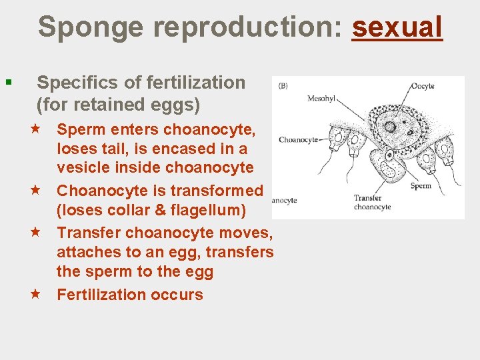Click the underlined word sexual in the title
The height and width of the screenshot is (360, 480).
(397, 27)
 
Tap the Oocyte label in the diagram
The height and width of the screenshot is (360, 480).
(423, 86)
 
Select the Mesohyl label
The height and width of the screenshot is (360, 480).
(321, 99)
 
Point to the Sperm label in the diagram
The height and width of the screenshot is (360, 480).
(421, 186)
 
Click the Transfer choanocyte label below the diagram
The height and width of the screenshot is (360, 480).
(373, 203)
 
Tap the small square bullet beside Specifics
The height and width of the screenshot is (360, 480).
(8, 83)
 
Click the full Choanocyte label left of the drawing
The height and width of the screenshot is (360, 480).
(298, 140)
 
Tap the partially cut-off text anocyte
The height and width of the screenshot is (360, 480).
(285, 200)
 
